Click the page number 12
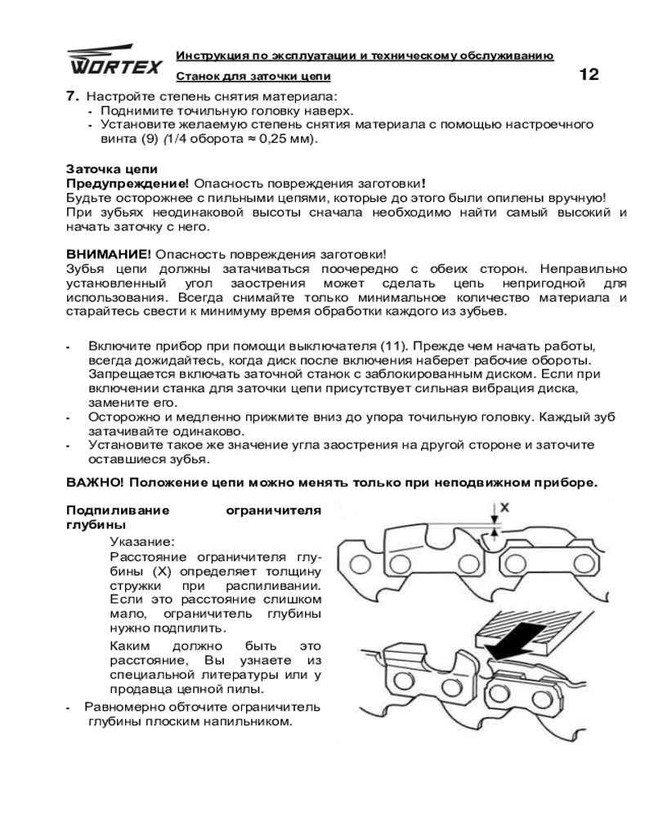tap(589, 75)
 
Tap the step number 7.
tap(71, 95)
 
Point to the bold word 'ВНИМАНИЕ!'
tap(108, 254)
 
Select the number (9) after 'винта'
tap(146, 138)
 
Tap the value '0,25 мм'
tap(286, 138)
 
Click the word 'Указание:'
tap(141, 541)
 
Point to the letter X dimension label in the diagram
tap(504, 507)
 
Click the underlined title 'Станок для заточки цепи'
tap(253, 76)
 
